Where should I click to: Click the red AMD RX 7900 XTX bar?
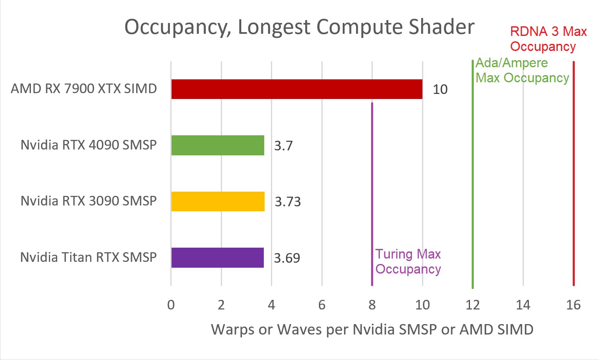click(296, 89)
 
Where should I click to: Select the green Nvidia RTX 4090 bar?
click(217, 145)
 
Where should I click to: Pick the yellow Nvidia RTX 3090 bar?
click(217, 201)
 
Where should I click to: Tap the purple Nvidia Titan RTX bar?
click(217, 258)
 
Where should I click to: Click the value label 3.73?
click(288, 202)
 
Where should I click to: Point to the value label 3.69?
click(287, 258)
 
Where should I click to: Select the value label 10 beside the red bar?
click(440, 89)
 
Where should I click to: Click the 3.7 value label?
click(283, 146)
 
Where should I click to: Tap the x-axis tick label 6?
click(322, 305)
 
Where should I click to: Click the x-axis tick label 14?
click(523, 305)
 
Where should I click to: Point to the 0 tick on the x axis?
click(171, 305)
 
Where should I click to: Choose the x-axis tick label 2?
click(221, 305)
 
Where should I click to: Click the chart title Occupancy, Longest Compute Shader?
click(299, 27)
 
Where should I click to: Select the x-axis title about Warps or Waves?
click(372, 330)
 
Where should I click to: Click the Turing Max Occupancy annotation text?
click(408, 261)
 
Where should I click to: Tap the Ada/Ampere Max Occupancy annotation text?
click(522, 70)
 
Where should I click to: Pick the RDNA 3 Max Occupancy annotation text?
click(548, 39)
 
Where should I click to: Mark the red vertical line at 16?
click(574, 175)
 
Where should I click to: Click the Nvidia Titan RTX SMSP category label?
click(88, 257)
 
